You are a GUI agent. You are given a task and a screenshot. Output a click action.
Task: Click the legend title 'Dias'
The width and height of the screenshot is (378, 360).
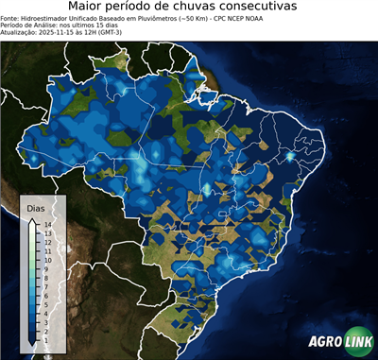click(35, 207)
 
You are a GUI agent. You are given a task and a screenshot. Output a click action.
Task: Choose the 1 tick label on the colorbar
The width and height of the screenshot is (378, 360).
click(46, 326)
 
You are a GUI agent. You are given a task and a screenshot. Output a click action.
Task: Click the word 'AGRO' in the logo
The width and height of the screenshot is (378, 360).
click(324, 342)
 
